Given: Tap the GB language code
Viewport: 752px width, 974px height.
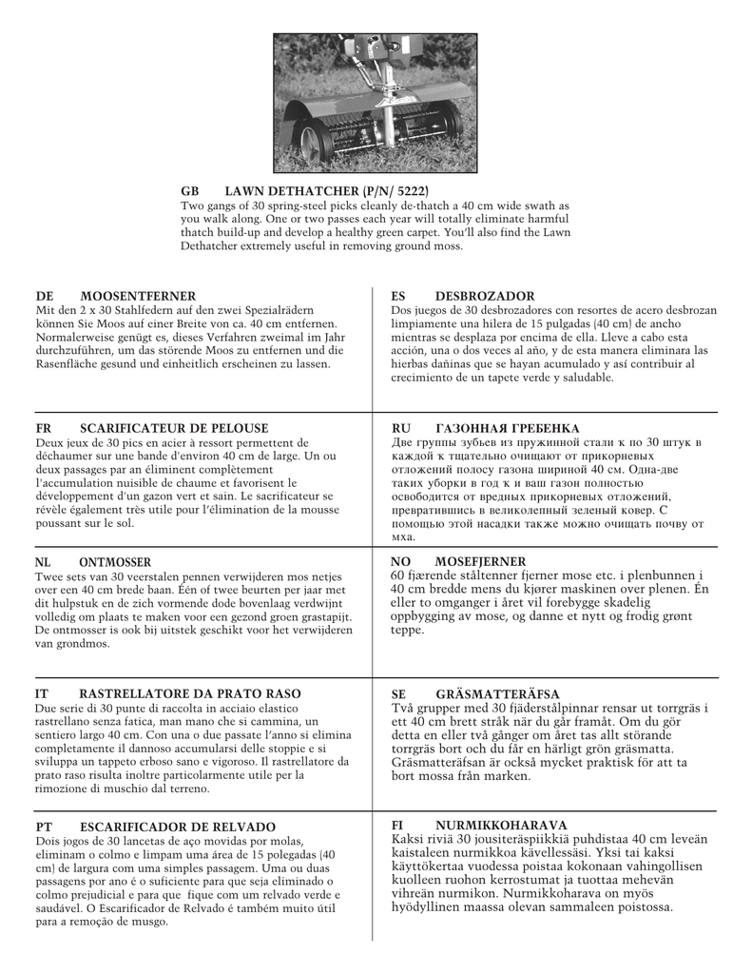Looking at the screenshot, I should coord(190,191).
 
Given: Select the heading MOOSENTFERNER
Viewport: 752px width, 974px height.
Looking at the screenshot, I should coord(138,297).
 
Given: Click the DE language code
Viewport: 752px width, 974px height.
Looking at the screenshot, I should coord(44,297).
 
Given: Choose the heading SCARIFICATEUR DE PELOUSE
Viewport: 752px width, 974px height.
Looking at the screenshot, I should coord(174,429).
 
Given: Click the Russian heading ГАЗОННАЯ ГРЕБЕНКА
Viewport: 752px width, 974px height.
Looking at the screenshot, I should coord(507,429).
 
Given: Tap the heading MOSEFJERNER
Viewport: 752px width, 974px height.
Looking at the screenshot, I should coord(480,561).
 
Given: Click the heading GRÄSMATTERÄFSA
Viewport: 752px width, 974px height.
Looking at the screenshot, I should coord(497,694).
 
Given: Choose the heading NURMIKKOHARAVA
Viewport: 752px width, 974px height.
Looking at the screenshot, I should coord(501,825).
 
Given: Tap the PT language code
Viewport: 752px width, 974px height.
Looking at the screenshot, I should coord(44,827).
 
